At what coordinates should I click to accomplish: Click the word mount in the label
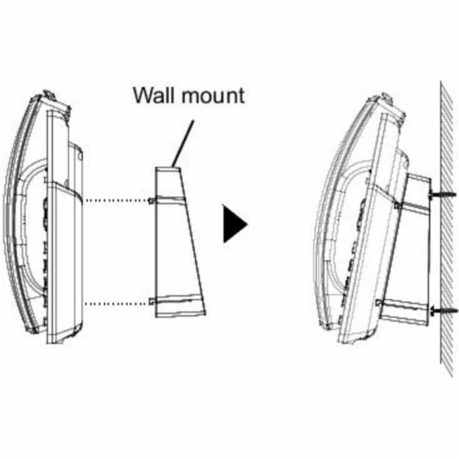point(213,96)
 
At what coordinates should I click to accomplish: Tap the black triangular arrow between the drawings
point(236,224)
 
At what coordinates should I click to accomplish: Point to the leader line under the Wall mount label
point(183,144)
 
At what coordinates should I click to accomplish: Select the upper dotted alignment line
point(116,200)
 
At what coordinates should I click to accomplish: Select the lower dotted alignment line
point(116,304)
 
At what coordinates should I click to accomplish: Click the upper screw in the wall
point(443,194)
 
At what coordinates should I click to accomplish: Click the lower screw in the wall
point(444,311)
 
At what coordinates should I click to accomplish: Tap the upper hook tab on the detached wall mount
point(151,200)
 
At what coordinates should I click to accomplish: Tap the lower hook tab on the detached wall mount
point(151,301)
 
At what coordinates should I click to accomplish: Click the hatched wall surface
point(448,228)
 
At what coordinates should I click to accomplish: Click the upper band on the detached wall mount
point(170,199)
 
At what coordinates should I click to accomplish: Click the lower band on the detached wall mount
point(178,299)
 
